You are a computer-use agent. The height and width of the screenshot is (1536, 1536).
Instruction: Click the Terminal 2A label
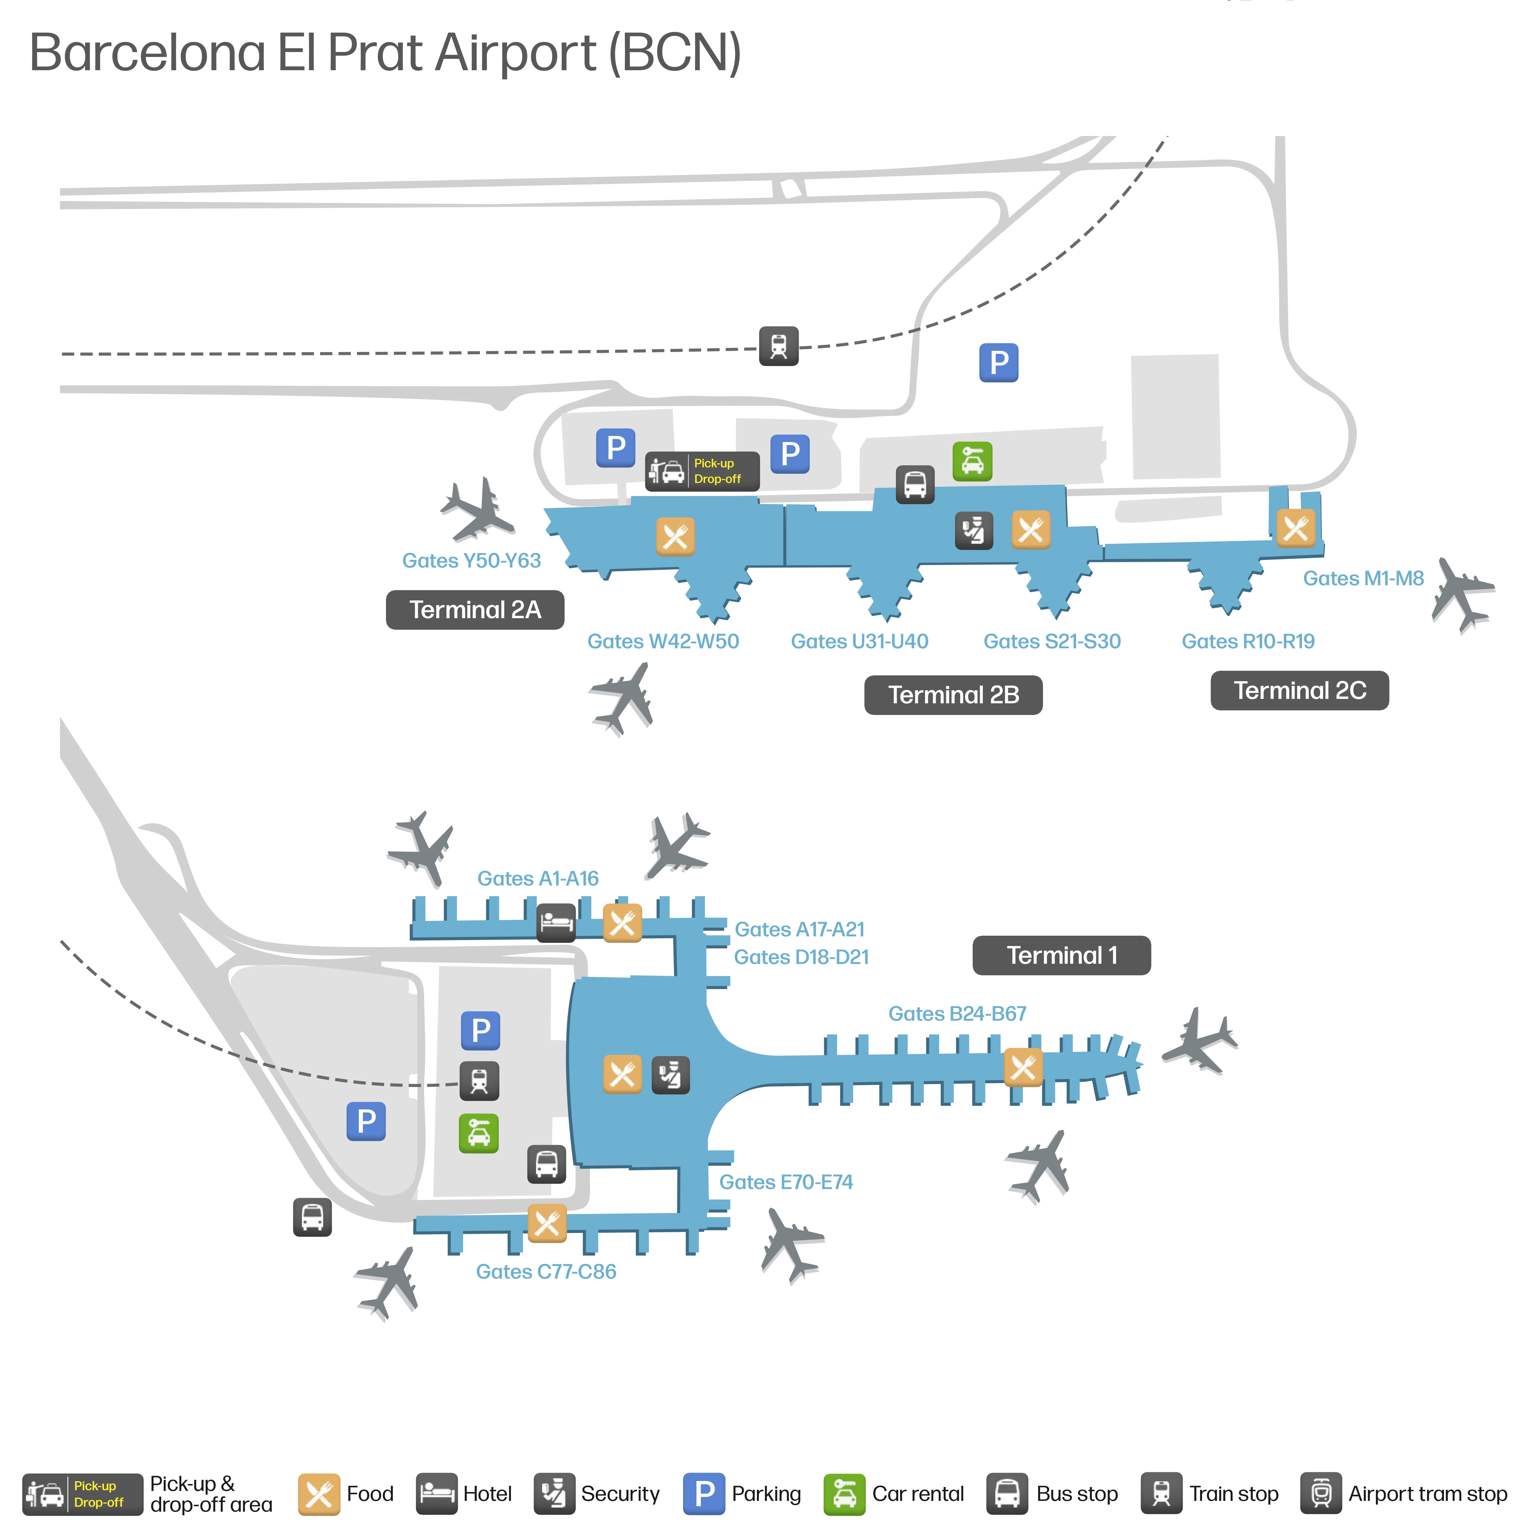click(x=475, y=610)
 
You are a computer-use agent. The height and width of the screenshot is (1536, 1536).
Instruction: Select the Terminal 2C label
click(x=1299, y=690)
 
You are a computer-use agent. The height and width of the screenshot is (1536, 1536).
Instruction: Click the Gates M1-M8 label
click(x=1363, y=578)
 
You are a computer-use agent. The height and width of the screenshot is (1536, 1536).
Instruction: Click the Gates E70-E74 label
click(x=785, y=1182)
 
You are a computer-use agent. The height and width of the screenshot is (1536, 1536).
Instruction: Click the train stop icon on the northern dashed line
click(x=778, y=346)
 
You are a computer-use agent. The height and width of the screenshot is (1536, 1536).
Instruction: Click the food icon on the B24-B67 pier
click(x=1022, y=1068)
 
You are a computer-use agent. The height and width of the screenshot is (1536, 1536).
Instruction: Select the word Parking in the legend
click(x=766, y=1494)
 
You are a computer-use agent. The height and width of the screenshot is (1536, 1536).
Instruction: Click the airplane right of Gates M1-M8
click(x=1461, y=594)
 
